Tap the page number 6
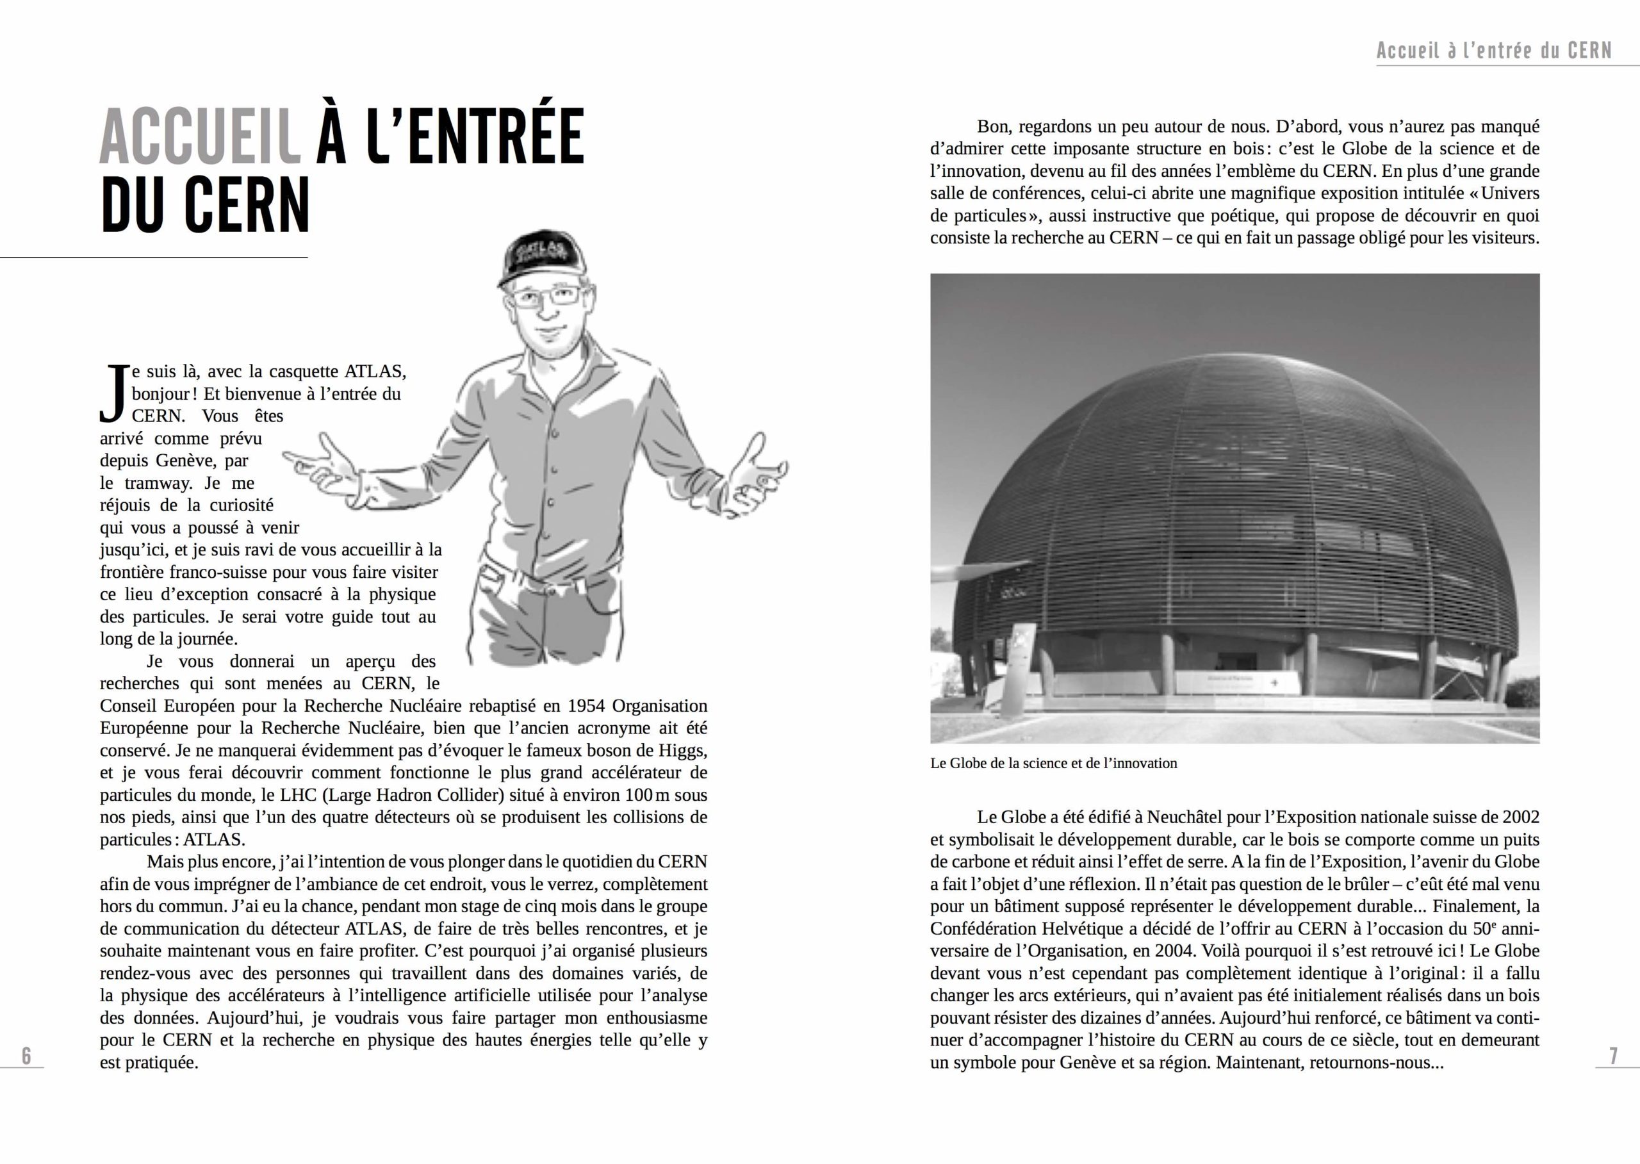[x=26, y=1056]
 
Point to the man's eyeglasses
[x=547, y=296]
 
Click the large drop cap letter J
[x=114, y=393]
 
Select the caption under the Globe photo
[x=1053, y=764]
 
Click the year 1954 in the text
[x=586, y=706]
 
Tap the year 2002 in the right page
[x=1520, y=817]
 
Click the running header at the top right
[x=1494, y=51]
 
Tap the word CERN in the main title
[x=247, y=205]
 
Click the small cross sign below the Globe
[x=1274, y=683]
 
